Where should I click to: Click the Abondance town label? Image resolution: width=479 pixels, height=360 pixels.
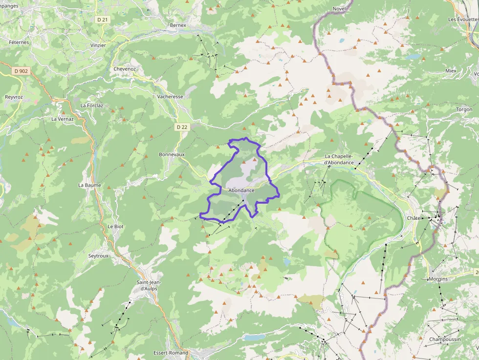click(241, 190)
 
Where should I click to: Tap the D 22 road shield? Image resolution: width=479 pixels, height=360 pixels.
click(182, 127)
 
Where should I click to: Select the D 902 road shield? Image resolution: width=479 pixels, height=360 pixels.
click(21, 71)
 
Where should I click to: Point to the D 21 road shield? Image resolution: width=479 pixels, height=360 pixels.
click(102, 20)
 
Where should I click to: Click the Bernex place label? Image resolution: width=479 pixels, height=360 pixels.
click(178, 25)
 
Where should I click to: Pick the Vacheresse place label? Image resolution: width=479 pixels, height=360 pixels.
click(170, 97)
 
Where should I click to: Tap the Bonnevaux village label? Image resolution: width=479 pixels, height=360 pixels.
click(172, 154)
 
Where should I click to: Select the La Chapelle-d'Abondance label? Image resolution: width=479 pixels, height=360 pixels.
click(339, 159)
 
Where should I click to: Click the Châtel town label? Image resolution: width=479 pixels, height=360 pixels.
click(414, 218)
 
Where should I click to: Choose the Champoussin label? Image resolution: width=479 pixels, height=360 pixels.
click(444, 339)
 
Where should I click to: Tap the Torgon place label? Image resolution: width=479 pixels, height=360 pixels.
click(464, 109)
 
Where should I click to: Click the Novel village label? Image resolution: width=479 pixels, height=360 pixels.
click(339, 9)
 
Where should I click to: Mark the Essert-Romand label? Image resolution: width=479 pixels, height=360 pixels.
click(171, 353)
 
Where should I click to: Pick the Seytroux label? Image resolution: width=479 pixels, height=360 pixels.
click(98, 256)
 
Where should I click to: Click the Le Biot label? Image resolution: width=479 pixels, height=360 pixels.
click(115, 227)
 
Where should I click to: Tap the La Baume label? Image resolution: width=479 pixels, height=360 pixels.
click(89, 185)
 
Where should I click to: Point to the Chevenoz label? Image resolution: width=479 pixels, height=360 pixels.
click(125, 69)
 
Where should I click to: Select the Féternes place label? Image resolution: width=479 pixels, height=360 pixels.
click(19, 42)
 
